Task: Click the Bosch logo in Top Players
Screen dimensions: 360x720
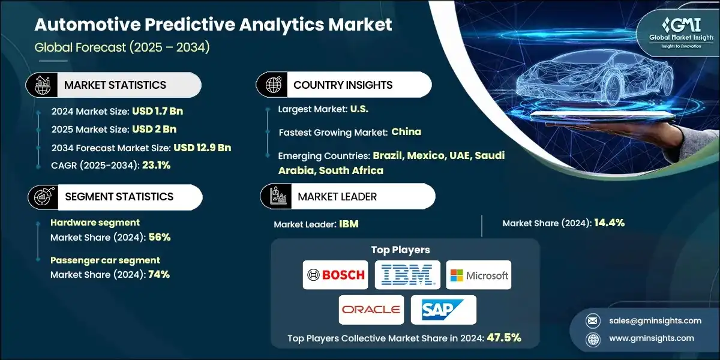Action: point(335,275)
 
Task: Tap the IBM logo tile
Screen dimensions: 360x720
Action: point(407,275)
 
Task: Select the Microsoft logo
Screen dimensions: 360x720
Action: point(479,275)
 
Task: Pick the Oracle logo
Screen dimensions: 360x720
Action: point(371,310)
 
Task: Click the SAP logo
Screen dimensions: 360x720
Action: point(443,310)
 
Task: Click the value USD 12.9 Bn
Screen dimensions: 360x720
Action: point(202,148)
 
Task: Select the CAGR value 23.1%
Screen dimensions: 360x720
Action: point(156,165)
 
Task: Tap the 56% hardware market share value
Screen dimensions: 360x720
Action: point(160,237)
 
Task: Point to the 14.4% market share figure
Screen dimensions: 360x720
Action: point(609,223)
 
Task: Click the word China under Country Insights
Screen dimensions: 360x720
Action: point(406,131)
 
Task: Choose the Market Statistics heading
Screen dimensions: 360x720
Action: point(115,85)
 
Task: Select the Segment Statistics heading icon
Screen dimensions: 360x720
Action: point(42,197)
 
